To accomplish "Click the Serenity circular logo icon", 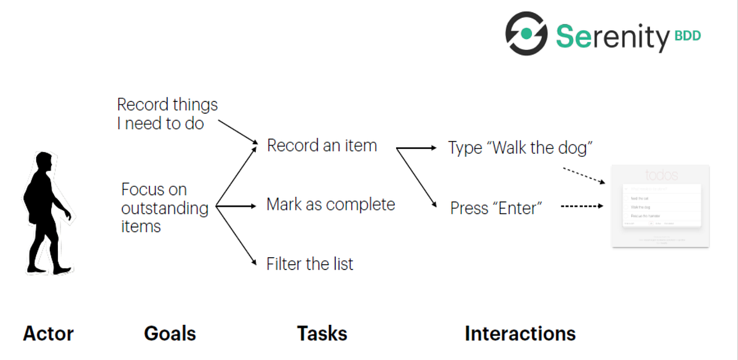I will click(526, 33).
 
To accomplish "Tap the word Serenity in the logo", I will click(612, 36).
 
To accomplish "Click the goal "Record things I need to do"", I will click(167, 114).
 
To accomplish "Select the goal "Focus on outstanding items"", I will click(164, 207).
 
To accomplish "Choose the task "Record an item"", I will click(322, 146).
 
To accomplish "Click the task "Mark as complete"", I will click(330, 204).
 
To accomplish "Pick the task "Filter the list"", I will click(310, 264).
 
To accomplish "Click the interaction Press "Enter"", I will click(496, 208).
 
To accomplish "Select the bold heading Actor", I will click(48, 334).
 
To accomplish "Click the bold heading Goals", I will click(170, 334).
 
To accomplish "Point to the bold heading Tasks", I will click(322, 334).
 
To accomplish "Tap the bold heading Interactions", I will click(520, 334).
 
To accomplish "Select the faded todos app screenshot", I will click(660, 206).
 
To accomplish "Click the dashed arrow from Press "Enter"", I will click(582, 207).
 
